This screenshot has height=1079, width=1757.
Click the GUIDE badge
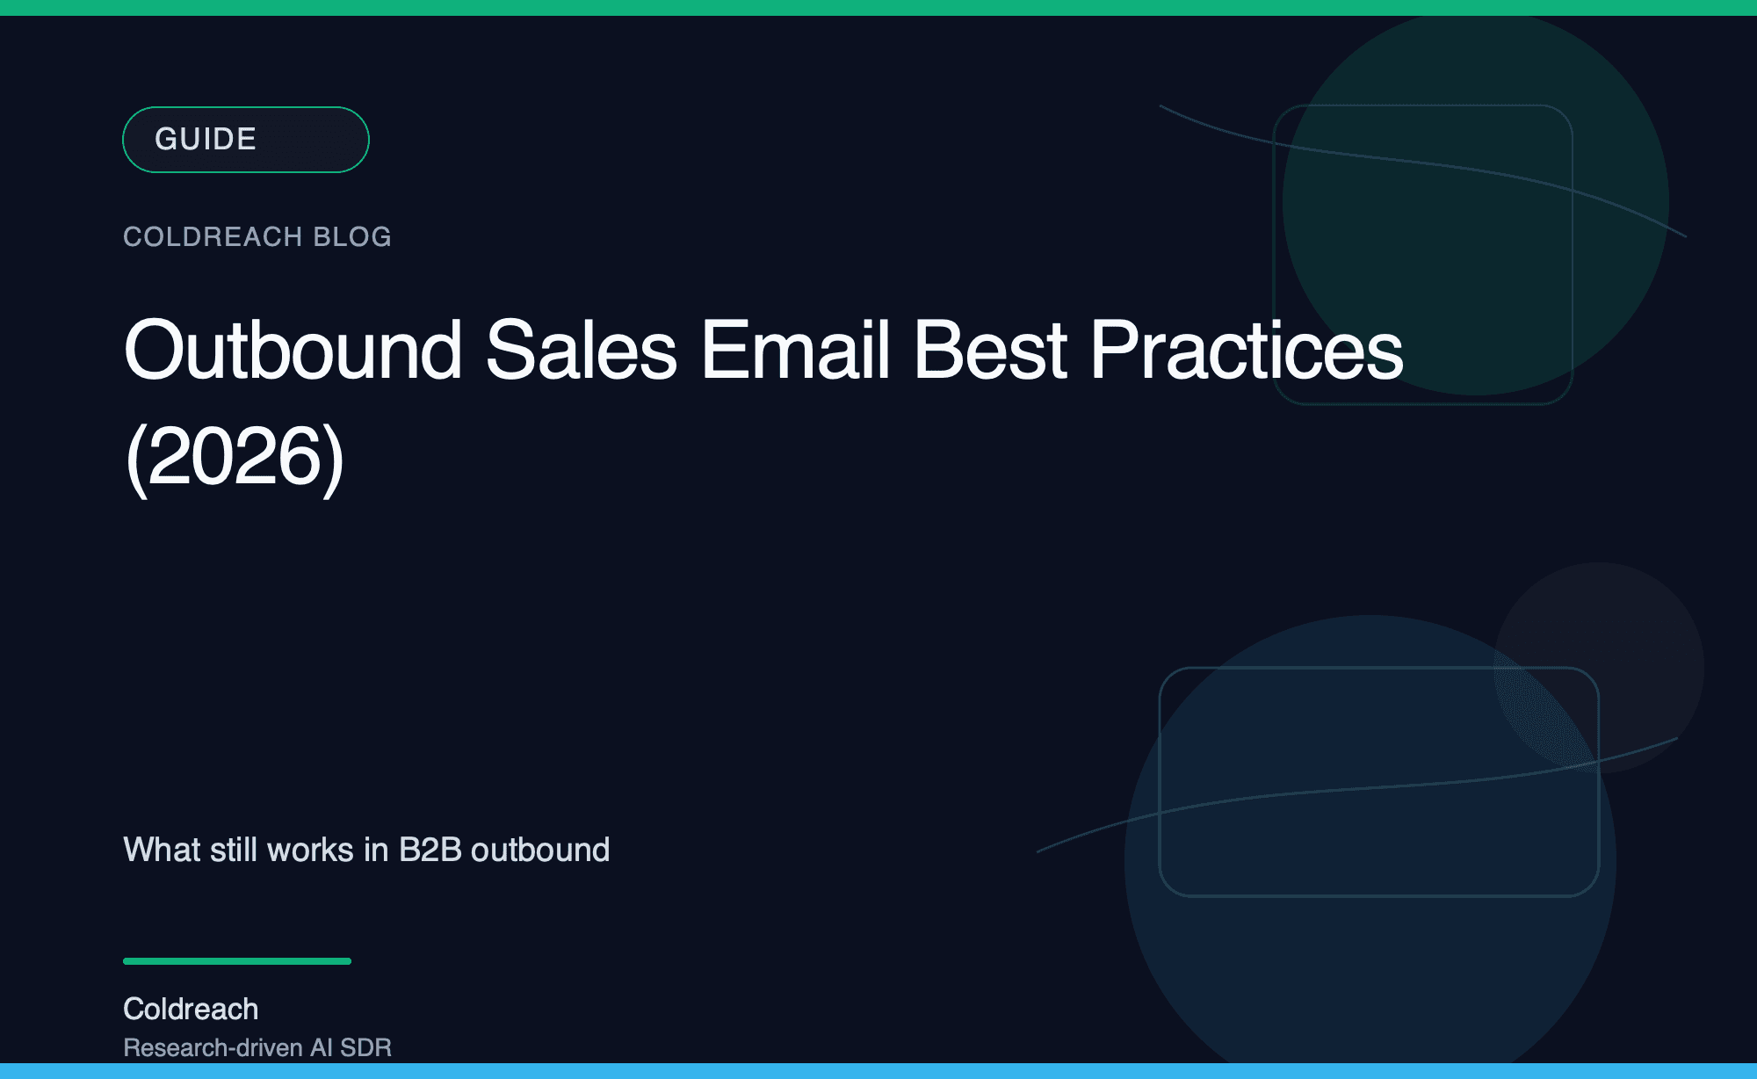coord(245,140)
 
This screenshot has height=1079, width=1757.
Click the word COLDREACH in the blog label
coord(213,236)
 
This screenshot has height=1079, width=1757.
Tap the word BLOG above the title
coord(352,236)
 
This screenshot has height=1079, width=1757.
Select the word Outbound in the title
coord(293,351)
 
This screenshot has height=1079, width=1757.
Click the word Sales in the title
coord(581,351)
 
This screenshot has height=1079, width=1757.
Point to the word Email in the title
coord(796,351)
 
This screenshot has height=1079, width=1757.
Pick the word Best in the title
coord(990,351)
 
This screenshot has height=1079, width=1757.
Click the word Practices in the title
coord(1247,351)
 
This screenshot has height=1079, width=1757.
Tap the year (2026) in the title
coord(235,458)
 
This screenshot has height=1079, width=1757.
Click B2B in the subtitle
coord(430,850)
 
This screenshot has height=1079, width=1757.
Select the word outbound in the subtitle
coord(540,850)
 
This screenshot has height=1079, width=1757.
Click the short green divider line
coord(237,961)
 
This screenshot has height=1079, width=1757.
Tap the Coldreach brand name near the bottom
coord(191,1009)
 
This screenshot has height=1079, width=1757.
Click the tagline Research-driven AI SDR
coord(257,1047)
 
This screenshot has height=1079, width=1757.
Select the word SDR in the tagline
coord(365,1047)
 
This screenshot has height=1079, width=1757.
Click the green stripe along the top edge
coord(878,7)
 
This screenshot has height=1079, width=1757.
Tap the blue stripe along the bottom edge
coord(878,1071)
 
